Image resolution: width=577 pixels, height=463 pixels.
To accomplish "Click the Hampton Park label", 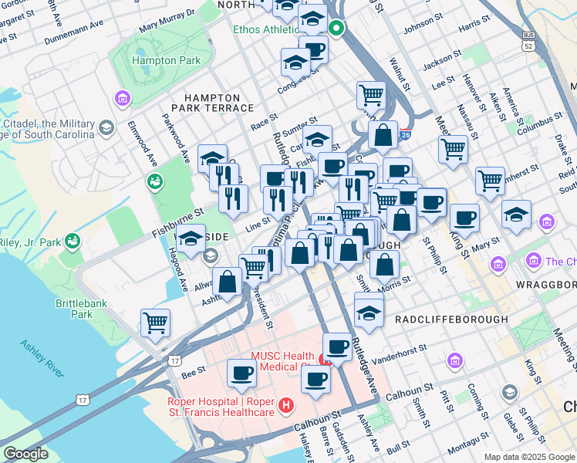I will [x=160, y=59].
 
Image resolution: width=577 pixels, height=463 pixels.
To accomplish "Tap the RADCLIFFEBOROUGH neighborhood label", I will [x=451, y=319].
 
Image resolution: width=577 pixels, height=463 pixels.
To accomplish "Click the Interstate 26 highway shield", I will [x=406, y=134].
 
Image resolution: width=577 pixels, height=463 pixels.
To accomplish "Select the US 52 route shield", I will [x=528, y=41].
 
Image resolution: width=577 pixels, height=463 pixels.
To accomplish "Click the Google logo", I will [x=25, y=454].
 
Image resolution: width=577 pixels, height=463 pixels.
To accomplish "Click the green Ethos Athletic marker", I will [x=336, y=30].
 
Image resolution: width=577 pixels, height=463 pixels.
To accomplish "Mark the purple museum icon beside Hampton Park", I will [x=121, y=98].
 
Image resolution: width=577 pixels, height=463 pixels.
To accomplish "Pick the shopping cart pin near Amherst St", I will [x=490, y=181].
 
